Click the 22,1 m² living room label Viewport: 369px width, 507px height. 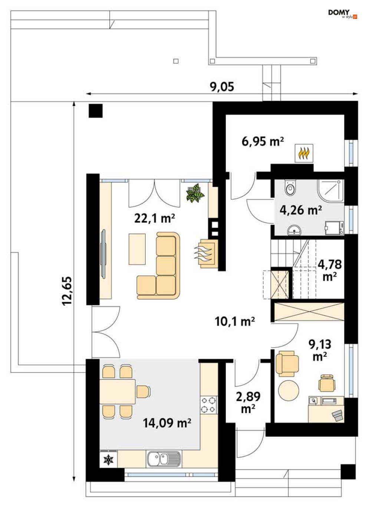(154, 219)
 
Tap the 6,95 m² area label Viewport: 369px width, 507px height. (263, 142)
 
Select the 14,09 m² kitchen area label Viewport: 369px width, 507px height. (167, 422)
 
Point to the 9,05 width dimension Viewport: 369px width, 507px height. (222, 87)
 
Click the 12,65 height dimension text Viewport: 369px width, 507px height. (67, 291)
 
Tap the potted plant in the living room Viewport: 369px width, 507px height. (195, 193)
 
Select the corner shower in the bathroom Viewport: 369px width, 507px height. (330, 191)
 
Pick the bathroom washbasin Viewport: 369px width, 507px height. (294, 230)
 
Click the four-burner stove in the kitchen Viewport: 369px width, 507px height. (208, 392)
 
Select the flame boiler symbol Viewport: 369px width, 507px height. (304, 153)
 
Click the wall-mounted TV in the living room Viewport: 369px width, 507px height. (103, 254)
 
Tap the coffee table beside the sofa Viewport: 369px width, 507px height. (137, 249)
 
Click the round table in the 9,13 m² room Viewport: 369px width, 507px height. (289, 390)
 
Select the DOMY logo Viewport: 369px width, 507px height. (343, 14)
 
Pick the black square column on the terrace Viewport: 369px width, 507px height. (96, 111)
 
